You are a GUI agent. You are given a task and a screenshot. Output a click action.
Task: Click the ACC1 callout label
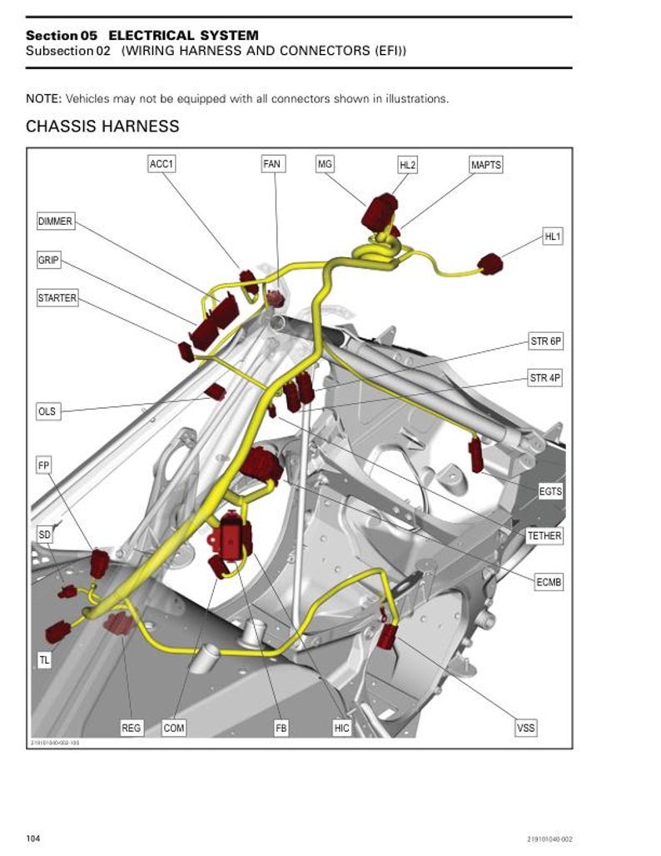pos(162,164)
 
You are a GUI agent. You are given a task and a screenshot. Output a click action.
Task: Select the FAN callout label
pos(271,164)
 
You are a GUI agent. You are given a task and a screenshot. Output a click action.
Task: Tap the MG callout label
pos(325,164)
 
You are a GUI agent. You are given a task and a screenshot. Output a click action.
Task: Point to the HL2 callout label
pos(407,165)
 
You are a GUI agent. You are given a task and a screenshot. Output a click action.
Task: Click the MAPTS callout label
pos(486,165)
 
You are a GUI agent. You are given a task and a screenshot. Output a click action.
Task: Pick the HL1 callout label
pos(553,236)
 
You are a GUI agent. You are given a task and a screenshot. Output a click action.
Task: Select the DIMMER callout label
pos(56,221)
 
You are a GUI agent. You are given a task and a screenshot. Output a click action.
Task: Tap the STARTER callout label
pos(57,298)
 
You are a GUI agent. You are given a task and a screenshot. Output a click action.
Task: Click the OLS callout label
pos(47,411)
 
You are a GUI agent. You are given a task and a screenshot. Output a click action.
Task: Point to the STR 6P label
pos(546,341)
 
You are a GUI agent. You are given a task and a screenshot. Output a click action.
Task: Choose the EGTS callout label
pos(550,491)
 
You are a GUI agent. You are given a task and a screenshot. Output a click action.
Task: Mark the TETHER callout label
pos(544,535)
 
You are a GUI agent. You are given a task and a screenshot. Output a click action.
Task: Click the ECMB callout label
pos(549,583)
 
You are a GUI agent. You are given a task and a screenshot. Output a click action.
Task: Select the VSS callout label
pos(526,728)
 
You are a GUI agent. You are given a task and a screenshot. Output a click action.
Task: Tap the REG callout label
pos(132,728)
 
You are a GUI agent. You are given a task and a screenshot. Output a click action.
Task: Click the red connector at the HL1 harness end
pos(490,266)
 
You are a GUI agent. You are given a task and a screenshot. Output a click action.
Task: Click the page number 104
pos(33,838)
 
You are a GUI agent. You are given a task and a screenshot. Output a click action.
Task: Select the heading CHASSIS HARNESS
pos(102,127)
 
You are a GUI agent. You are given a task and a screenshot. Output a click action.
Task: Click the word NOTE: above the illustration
pos(43,98)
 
